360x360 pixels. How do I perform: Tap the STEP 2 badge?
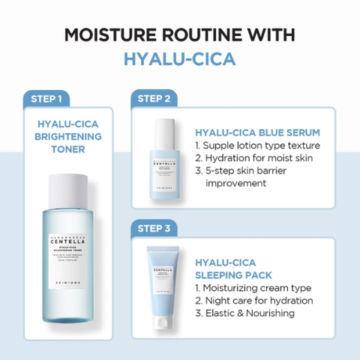(156, 98)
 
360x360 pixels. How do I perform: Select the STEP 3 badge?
(156, 226)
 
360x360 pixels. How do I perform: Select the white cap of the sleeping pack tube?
(162, 323)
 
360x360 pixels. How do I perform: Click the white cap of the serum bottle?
(163, 127)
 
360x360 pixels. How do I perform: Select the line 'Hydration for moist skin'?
(253, 157)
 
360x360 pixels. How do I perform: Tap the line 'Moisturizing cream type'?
(253, 287)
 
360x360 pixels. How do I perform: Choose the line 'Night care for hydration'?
(253, 300)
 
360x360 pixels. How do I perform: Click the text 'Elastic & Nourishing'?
(244, 313)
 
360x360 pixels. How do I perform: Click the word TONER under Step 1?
(68, 149)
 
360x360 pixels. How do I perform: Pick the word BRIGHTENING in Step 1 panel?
(68, 136)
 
